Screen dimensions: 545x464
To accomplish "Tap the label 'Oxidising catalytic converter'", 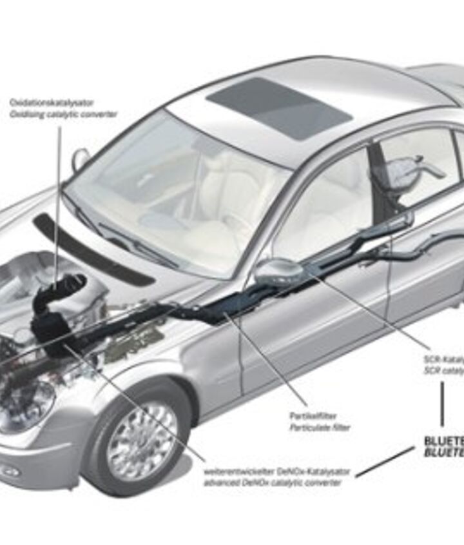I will click(63, 114).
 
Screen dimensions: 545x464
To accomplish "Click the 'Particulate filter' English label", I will click(319, 428).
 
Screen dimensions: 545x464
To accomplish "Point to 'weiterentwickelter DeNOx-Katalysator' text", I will click(277, 471).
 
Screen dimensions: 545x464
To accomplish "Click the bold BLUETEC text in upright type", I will click(443, 441).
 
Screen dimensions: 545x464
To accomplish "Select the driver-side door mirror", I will click(277, 272).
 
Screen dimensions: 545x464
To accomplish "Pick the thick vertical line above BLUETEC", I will click(442, 404).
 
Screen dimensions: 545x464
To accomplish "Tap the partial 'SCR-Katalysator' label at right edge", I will click(444, 359).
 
